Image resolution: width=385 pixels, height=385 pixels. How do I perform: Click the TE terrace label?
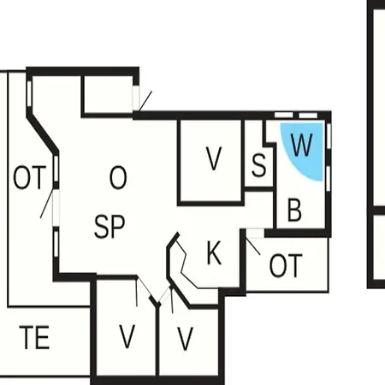coord(34,338)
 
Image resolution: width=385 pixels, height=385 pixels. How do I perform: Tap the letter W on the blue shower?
coord(301,145)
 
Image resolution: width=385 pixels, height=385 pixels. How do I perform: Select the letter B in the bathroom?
coord(294,210)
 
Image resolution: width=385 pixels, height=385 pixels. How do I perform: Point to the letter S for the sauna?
coord(259,165)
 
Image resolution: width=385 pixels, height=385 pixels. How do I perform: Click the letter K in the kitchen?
coord(214,252)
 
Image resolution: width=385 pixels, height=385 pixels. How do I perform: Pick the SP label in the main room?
coord(110,227)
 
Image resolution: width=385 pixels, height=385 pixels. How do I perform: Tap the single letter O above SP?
coord(118,177)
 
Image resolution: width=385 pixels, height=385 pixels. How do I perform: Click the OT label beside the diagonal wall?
coord(30,177)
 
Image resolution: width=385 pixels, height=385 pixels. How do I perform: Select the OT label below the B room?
coord(286,266)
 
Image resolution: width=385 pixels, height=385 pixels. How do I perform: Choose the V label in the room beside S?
coord(214,158)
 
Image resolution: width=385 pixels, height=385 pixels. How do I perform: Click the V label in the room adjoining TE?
coord(127,336)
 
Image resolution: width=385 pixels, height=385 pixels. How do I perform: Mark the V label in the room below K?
coord(185,339)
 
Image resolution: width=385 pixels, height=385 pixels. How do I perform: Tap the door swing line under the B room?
coord(253,246)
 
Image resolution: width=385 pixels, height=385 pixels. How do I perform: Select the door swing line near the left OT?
coord(47,204)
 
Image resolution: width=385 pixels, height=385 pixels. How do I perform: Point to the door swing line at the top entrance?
coord(145,101)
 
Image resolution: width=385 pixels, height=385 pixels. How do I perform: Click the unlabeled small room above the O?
coord(108,95)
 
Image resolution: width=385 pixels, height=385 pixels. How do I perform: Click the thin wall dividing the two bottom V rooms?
coord(157,341)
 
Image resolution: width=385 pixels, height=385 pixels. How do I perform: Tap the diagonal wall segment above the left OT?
coord(43,133)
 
